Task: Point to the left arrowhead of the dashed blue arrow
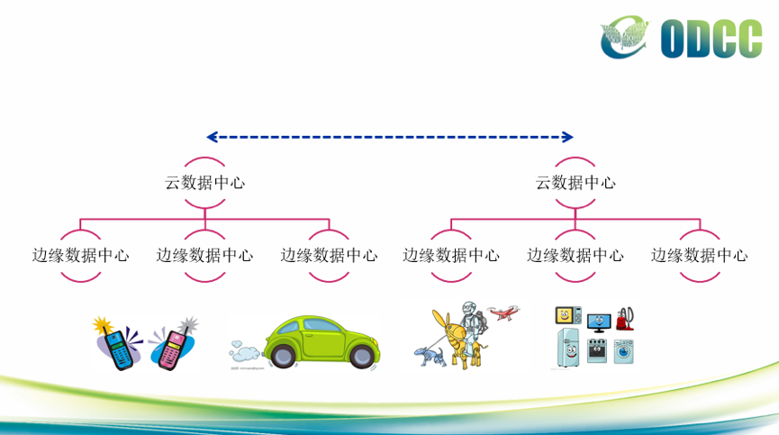[x=213, y=137]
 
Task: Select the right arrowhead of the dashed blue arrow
[x=567, y=137]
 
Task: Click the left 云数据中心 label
[x=204, y=183]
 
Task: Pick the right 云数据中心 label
[x=575, y=183]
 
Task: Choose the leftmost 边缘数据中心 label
[x=80, y=255]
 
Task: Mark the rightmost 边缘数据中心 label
[x=700, y=255]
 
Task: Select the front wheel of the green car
[x=362, y=356]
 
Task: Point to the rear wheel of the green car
[x=283, y=356]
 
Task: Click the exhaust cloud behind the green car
[x=243, y=351]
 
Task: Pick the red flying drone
[x=503, y=313]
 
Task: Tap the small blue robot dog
[x=430, y=356]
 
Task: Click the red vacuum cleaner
[x=625, y=319]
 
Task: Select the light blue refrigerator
[x=568, y=348]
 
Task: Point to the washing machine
[x=623, y=351]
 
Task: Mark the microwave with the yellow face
[x=568, y=315]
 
